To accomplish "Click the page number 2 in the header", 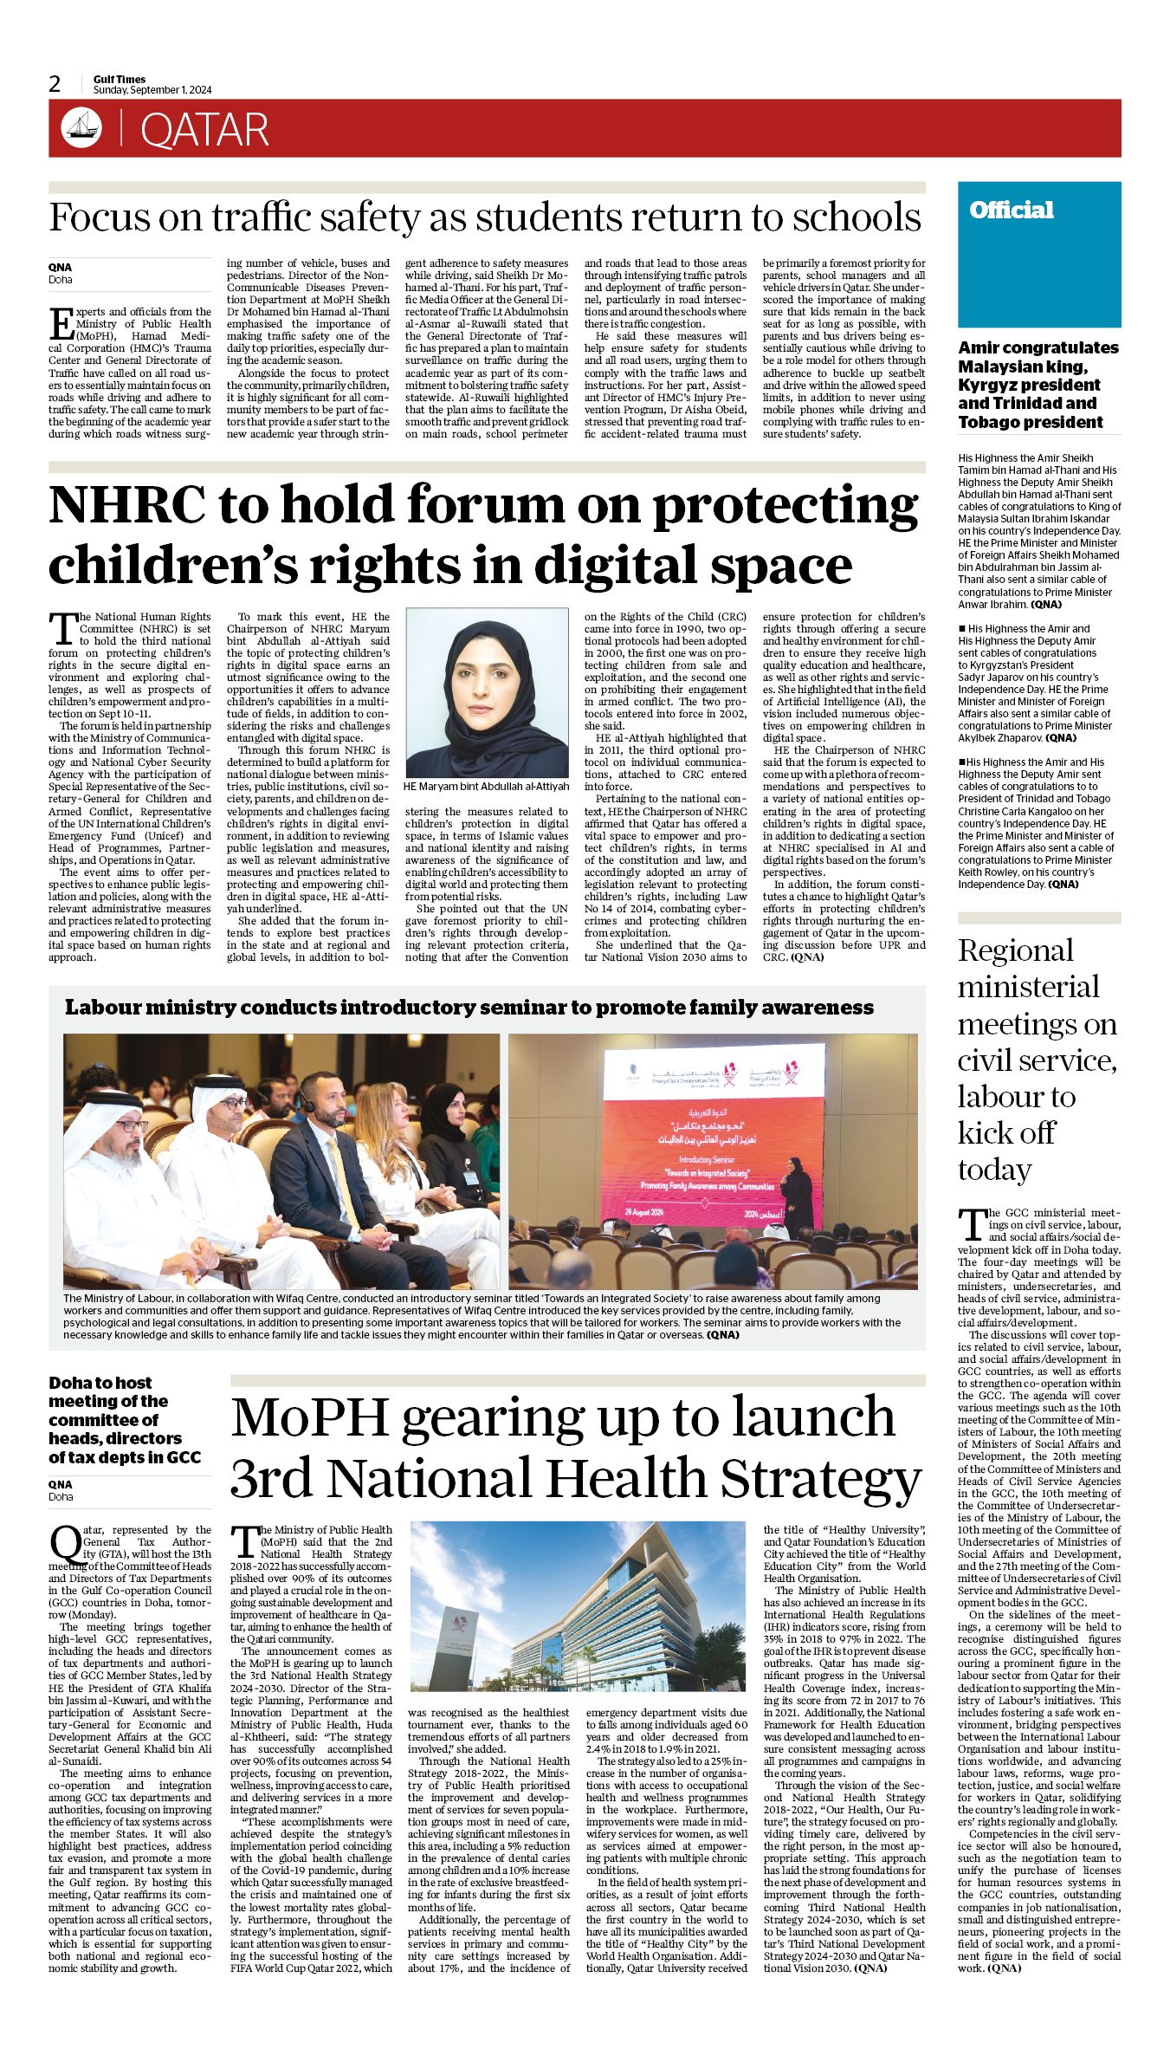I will (x=55, y=84).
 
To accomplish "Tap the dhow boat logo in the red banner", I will (x=81, y=128).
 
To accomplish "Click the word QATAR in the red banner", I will (x=204, y=130).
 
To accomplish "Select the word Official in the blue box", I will (x=1011, y=210).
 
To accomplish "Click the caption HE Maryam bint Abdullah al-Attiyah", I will (x=487, y=786).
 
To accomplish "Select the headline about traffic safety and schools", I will (x=485, y=217).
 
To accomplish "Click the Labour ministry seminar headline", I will (x=469, y=1007).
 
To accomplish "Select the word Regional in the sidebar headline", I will (x=1015, y=950).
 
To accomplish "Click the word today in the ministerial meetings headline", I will (x=993, y=1170).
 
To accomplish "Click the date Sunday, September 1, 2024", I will (x=152, y=90).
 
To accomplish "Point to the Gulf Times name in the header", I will (x=120, y=79).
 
